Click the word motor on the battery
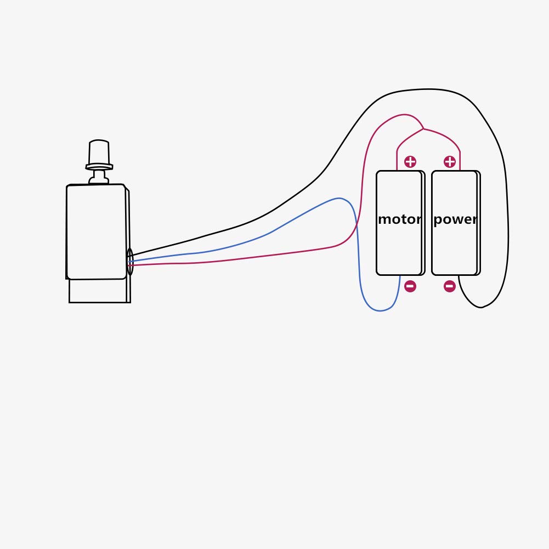click(399, 219)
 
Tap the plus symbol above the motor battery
click(410, 162)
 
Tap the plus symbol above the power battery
click(450, 162)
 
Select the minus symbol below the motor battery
click(410, 286)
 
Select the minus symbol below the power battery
click(450, 286)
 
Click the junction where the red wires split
click(423, 129)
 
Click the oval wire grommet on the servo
click(130, 262)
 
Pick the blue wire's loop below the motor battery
click(380, 310)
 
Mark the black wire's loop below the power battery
click(482, 308)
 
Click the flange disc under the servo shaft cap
click(99, 167)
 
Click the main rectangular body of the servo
click(97, 231)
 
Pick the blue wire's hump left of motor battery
click(338, 199)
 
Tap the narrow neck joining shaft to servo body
click(99, 177)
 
